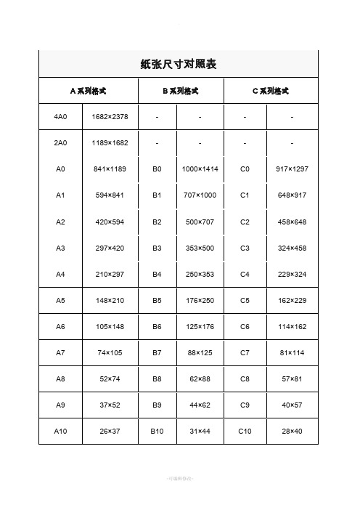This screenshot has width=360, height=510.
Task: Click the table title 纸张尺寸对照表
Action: [179, 65]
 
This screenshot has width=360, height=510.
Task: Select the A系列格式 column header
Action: [88, 92]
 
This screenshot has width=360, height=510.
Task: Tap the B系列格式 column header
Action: [181, 92]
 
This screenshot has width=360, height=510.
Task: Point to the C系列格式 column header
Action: [270, 92]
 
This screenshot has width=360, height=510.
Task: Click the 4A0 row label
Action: [60, 116]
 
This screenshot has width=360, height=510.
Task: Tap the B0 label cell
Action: [157, 169]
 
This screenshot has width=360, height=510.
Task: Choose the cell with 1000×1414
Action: [199, 169]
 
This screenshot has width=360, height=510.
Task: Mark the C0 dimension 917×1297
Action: [292, 169]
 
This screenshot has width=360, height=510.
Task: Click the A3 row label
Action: [60, 248]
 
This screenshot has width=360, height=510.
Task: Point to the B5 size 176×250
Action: [199, 300]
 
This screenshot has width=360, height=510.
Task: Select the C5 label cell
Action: [245, 300]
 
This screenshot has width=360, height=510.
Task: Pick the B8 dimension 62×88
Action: [199, 379]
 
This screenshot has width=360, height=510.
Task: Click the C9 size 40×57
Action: [292, 405]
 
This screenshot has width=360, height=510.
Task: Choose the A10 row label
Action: [60, 431]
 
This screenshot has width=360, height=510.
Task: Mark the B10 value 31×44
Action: [199, 431]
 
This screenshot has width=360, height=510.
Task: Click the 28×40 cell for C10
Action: [292, 431]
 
